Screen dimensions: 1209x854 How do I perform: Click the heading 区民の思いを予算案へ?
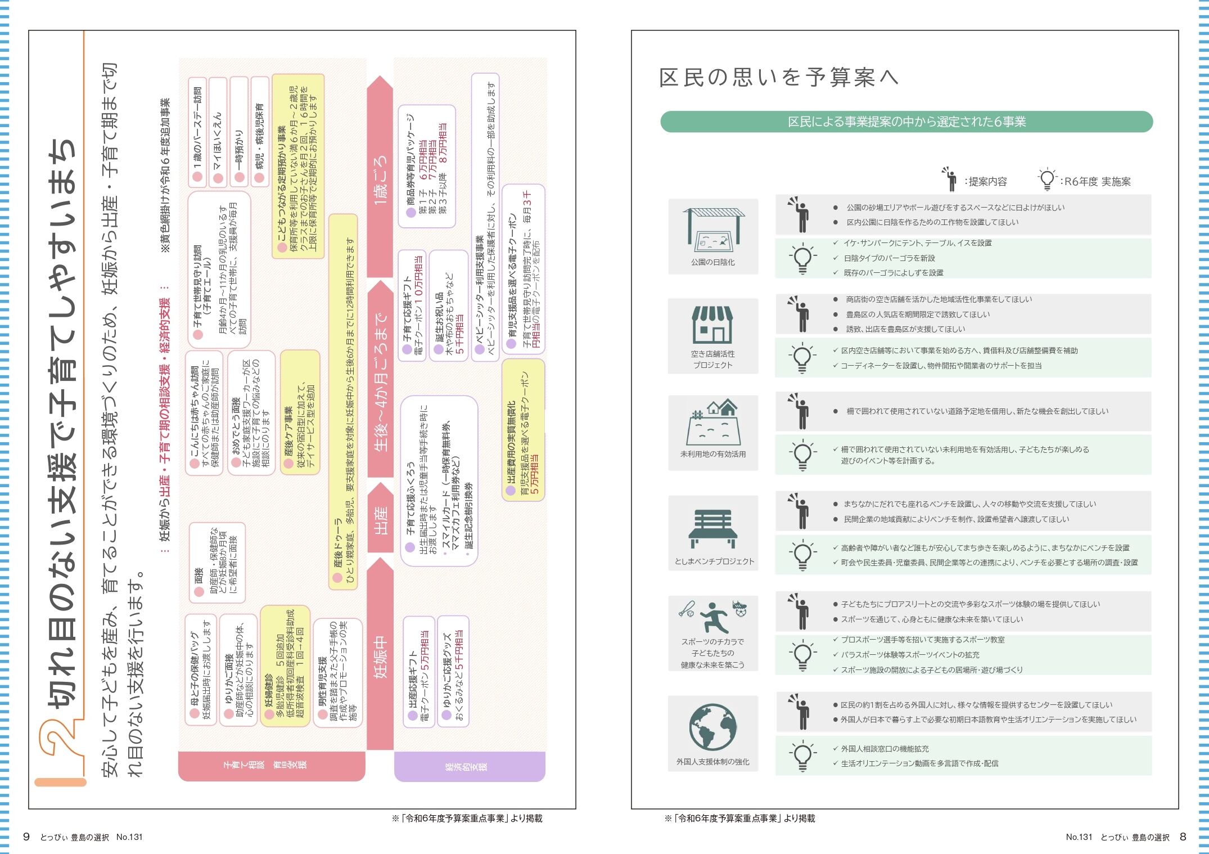pyautogui.click(x=778, y=77)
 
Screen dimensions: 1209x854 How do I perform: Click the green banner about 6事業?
pyautogui.click(x=906, y=122)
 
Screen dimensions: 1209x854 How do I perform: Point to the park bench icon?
pyautogui.click(x=712, y=528)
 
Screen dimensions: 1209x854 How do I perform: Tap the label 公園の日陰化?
pyautogui.click(x=712, y=262)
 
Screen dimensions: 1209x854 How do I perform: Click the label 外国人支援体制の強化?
pyautogui.click(x=712, y=762)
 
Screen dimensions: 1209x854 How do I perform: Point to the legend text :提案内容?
pyautogui.click(x=985, y=182)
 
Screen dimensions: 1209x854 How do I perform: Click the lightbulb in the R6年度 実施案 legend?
pyautogui.click(x=1046, y=179)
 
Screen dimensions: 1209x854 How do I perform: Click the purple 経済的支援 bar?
pyautogui.click(x=470, y=766)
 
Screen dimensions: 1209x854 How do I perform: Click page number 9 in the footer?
pyautogui.click(x=26, y=837)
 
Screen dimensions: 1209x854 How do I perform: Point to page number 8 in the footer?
pyautogui.click(x=1183, y=837)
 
